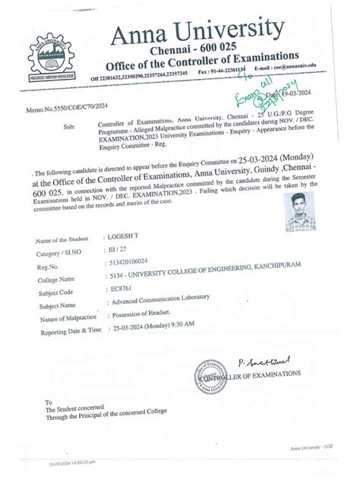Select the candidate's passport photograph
[300, 211]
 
